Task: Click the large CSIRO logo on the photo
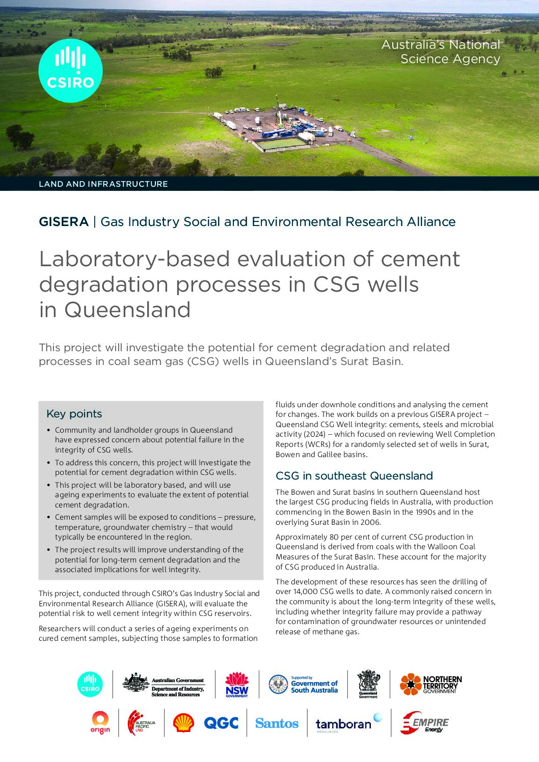pyautogui.click(x=70, y=71)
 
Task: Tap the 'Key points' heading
pyautogui.click(x=74, y=414)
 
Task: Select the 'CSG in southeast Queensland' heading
pyautogui.click(x=354, y=476)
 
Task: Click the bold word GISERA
pyautogui.click(x=64, y=222)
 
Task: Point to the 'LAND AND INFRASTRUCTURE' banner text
pyautogui.click(x=103, y=184)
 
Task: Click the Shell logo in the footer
pyautogui.click(x=183, y=723)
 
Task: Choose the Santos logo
pyautogui.click(x=277, y=723)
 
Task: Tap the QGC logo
pyautogui.click(x=221, y=723)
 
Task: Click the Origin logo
pyautogui.click(x=100, y=723)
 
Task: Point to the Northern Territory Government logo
pyautogui.click(x=430, y=685)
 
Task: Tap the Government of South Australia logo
pyautogui.click(x=304, y=685)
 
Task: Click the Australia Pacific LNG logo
pyautogui.click(x=141, y=723)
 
